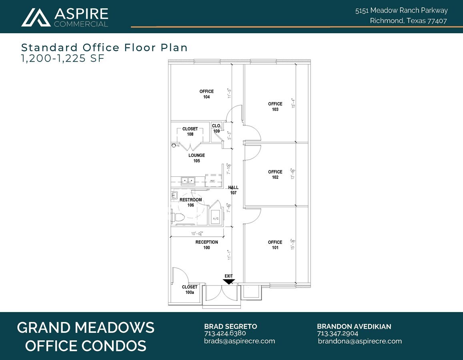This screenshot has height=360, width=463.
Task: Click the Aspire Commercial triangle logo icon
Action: point(36,17)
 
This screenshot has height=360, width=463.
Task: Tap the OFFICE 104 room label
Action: point(206,94)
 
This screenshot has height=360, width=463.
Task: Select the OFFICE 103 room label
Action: point(275,106)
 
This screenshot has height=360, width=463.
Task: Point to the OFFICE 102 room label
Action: point(275,174)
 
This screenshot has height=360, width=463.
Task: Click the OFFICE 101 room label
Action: point(275,245)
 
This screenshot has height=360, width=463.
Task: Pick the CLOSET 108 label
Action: point(190,132)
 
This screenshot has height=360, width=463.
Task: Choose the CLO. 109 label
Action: point(216,128)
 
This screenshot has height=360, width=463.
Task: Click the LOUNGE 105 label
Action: point(196,158)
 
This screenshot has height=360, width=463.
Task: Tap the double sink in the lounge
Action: point(187,181)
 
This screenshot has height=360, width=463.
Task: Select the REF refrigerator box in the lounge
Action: point(212,180)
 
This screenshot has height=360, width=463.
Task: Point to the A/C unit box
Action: point(216,218)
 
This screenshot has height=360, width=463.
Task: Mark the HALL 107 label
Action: point(233,190)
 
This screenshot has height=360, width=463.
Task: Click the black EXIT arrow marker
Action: point(228,282)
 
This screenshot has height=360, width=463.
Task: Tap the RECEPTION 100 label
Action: point(206,245)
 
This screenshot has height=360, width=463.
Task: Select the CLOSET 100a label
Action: point(190,290)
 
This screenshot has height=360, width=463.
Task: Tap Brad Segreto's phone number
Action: point(225,333)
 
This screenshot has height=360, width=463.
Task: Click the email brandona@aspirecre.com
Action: point(360,341)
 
